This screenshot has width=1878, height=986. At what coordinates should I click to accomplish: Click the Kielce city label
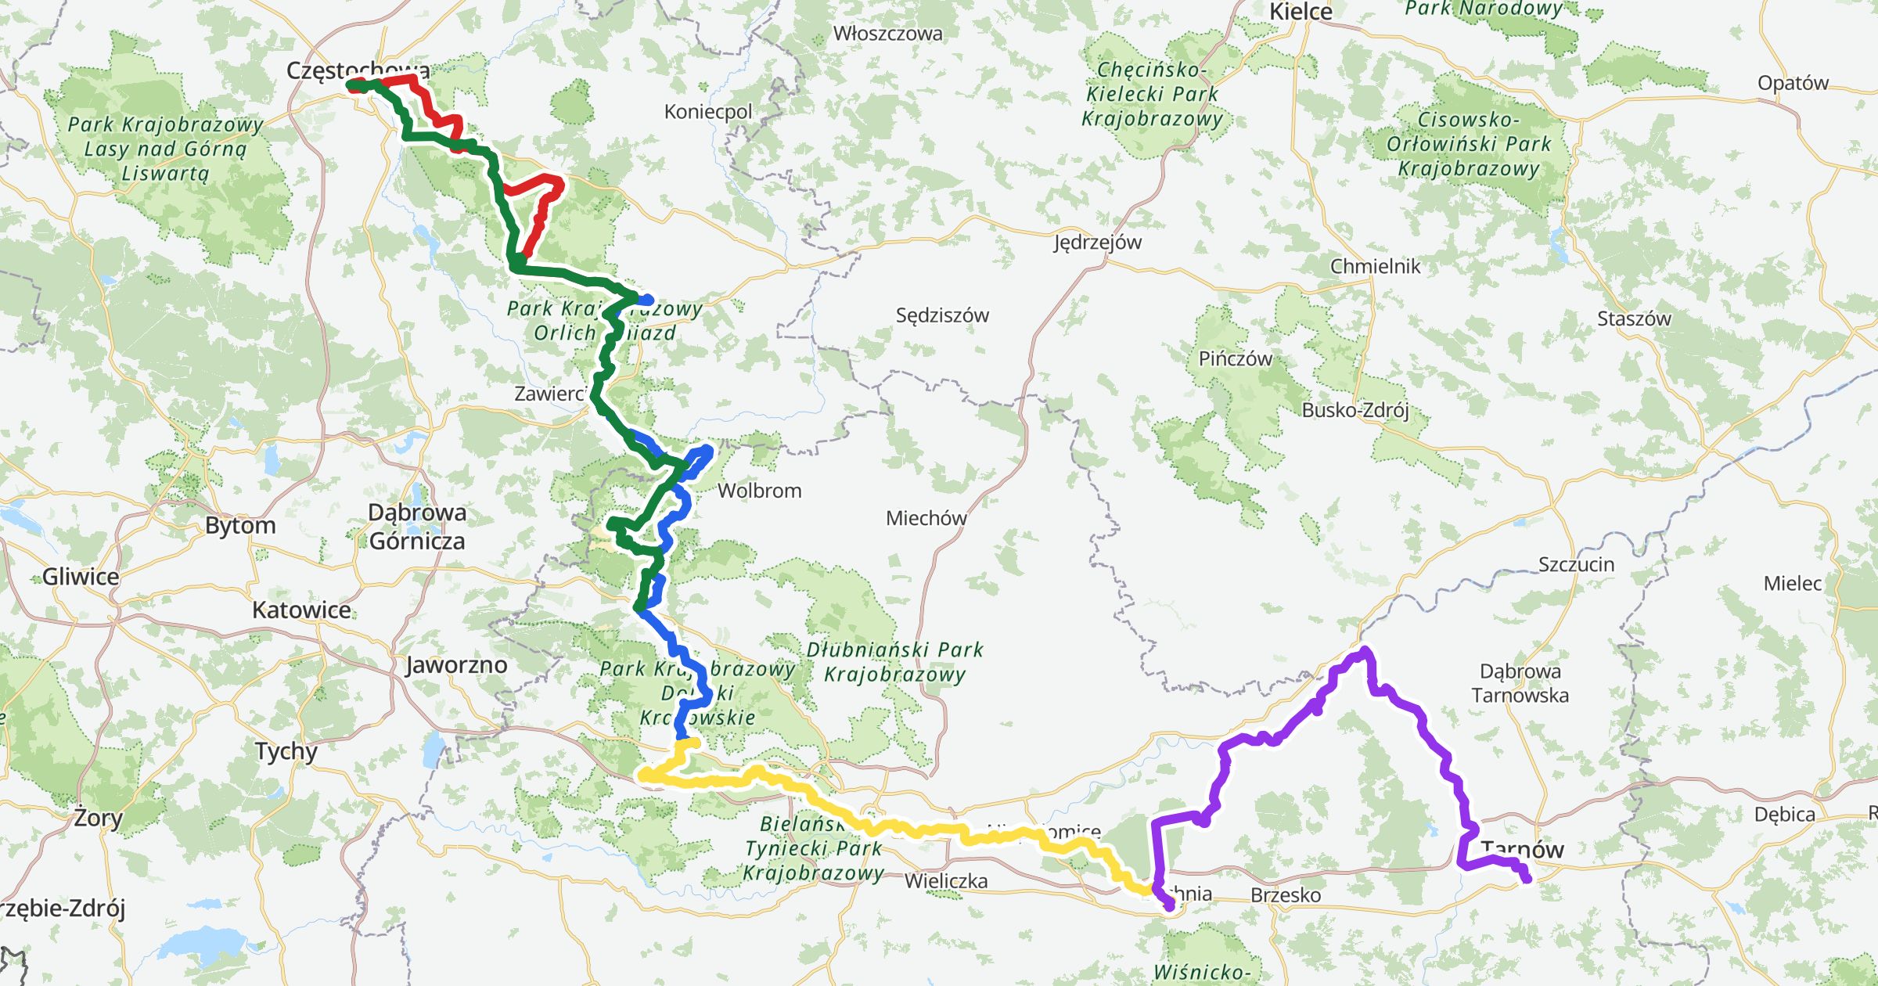[1300, 12]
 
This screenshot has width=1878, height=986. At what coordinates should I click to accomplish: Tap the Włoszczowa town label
[887, 34]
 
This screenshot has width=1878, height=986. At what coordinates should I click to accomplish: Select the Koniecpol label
[707, 112]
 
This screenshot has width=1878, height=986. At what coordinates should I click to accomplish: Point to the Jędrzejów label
[1097, 243]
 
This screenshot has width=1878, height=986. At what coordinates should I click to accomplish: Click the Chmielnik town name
[1375, 266]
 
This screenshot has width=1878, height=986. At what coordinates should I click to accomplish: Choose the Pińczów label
[1235, 359]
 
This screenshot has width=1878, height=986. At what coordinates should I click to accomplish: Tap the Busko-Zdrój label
[1355, 410]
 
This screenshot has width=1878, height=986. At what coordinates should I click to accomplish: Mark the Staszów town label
[1634, 318]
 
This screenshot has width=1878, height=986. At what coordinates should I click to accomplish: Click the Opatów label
[1793, 83]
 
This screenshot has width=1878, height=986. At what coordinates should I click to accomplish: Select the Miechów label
[926, 518]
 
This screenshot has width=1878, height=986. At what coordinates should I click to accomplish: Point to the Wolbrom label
[759, 491]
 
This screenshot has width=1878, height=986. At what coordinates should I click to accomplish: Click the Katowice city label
[301, 610]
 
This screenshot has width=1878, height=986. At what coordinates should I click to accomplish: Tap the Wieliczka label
[945, 881]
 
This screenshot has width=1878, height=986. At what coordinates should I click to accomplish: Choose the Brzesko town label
[1286, 895]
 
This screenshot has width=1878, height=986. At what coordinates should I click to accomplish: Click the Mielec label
[1793, 583]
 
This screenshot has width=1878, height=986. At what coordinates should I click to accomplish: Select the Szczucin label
[1576, 564]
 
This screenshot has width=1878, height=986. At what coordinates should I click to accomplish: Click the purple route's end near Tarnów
[1526, 880]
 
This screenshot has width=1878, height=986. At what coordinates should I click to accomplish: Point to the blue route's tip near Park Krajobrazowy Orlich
[648, 300]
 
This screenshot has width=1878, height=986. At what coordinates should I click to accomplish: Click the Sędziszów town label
[942, 315]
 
